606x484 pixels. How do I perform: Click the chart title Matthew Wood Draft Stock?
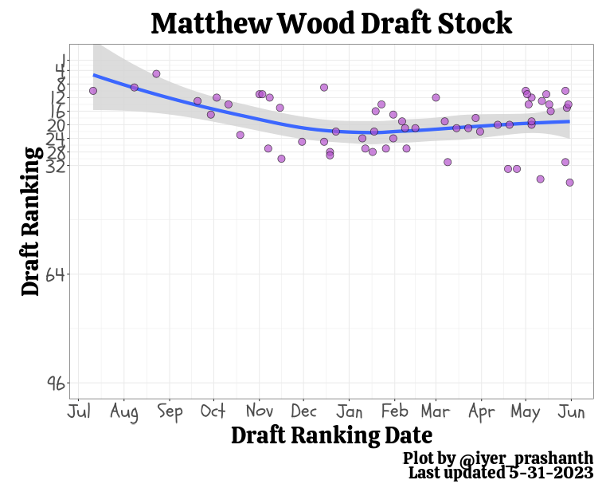coord(331,24)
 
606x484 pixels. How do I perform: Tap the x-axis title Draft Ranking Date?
coord(331,435)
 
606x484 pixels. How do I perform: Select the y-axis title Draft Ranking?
coord(31,221)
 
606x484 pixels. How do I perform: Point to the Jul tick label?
coord(79,412)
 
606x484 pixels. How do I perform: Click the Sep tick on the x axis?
coord(170,412)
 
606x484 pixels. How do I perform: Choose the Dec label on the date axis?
coord(303,412)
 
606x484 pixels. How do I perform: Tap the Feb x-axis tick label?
coord(394,412)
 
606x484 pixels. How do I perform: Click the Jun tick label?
coord(571,412)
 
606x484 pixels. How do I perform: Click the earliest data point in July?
coord(93,91)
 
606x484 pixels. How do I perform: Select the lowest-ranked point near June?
coord(570,183)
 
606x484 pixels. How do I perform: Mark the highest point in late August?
coord(156,74)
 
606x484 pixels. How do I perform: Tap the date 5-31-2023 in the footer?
coord(549,473)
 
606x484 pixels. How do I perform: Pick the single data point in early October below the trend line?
coord(210,115)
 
